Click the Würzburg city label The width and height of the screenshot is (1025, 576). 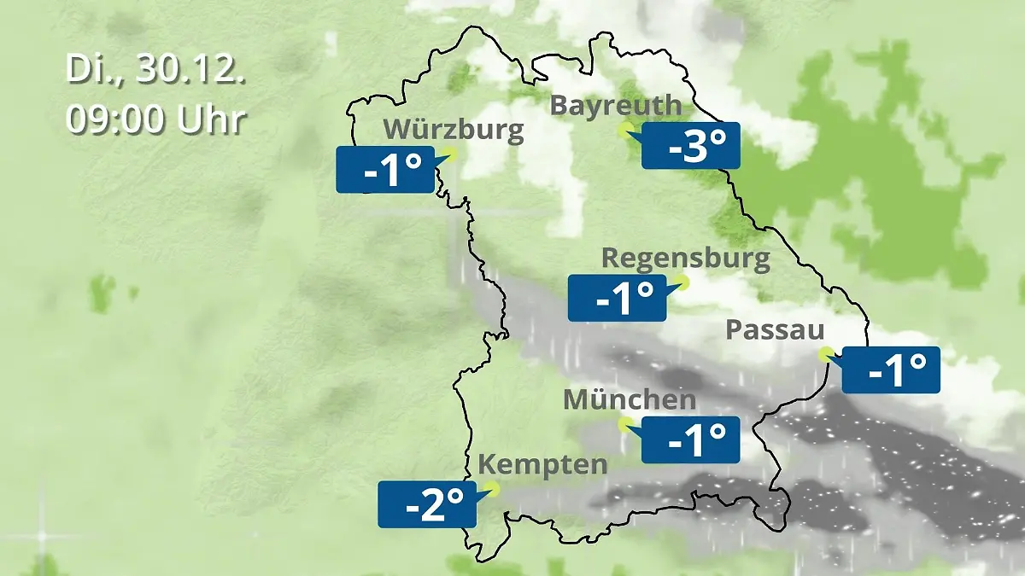[x=454, y=130]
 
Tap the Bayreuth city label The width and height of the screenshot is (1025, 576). [x=616, y=105]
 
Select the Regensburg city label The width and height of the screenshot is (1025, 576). [x=686, y=258]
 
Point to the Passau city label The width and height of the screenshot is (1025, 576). [x=775, y=330]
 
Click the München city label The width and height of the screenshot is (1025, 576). [x=630, y=399]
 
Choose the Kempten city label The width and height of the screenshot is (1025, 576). [x=542, y=465]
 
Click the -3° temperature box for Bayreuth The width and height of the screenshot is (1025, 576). [x=690, y=145]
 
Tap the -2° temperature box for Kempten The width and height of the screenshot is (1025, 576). [x=426, y=504]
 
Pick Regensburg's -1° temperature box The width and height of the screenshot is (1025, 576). [x=616, y=298]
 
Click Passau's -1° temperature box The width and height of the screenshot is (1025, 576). [x=891, y=369]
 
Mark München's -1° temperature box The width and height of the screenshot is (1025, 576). [x=690, y=439]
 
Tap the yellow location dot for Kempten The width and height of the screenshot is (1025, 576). [x=490, y=488]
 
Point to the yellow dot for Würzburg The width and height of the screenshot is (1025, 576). [x=450, y=153]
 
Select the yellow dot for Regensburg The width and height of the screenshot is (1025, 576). [x=681, y=281]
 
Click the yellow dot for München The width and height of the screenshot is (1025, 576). [x=625, y=422]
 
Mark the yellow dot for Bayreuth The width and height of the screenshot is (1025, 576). [x=626, y=129]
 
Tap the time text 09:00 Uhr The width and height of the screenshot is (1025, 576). [x=156, y=119]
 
